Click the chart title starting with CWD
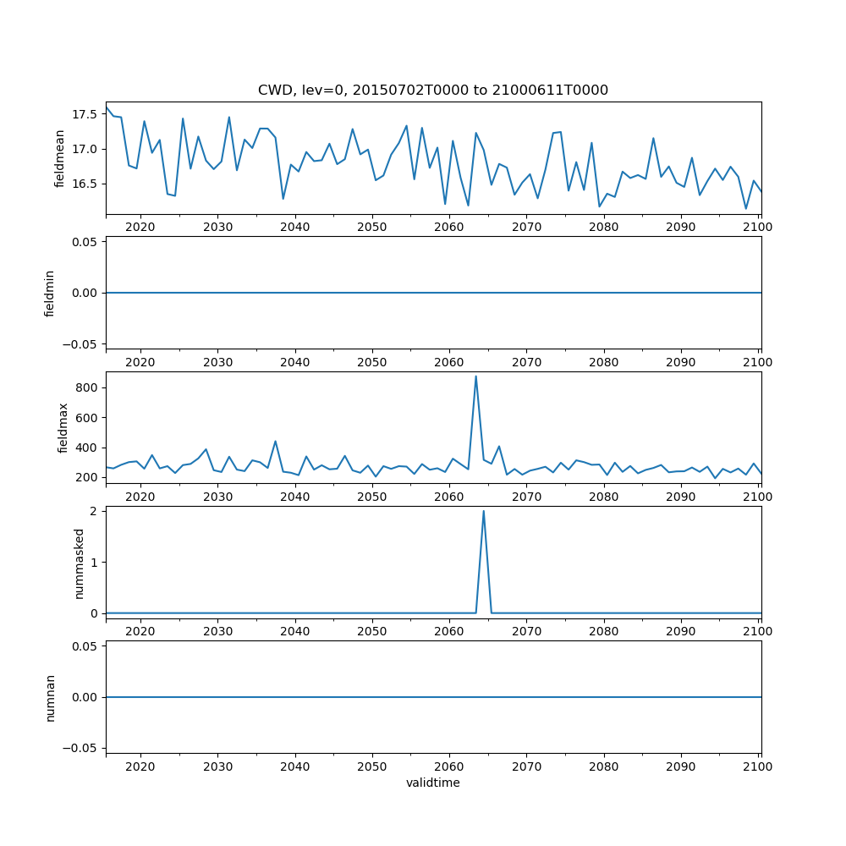pos(432,91)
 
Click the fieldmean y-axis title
pos(59,158)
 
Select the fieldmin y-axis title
pos(49,293)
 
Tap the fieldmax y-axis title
pos(62,427)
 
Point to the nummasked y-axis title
pos(80,563)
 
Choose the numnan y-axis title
pos(50,697)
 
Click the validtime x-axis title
pos(432,783)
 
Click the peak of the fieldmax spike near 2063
pos(475,376)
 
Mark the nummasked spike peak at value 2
pos(483,511)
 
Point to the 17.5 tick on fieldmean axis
pos(84,114)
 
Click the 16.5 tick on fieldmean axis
pos(84,184)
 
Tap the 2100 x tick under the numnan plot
pos(758,766)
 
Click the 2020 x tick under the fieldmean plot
pos(140,228)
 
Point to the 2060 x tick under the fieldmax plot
pos(449,497)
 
